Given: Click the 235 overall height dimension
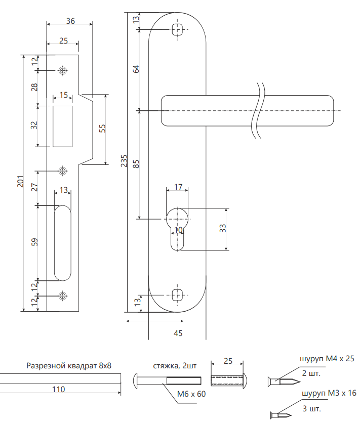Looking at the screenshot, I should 124,161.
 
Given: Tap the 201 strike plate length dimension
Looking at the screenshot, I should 20,182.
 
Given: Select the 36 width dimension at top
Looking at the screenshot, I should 70,21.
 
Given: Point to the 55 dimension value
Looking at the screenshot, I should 102,129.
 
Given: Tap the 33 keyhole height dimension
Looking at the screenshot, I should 222,229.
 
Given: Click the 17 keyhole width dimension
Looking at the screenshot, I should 178,187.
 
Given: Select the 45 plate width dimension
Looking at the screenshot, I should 178,333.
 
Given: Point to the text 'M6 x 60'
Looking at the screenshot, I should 191,394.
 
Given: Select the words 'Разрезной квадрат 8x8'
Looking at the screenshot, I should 68,365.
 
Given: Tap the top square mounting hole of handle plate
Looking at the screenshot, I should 177,29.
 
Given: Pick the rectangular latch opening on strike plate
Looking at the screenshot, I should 63,125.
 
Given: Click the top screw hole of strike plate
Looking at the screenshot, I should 62,70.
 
